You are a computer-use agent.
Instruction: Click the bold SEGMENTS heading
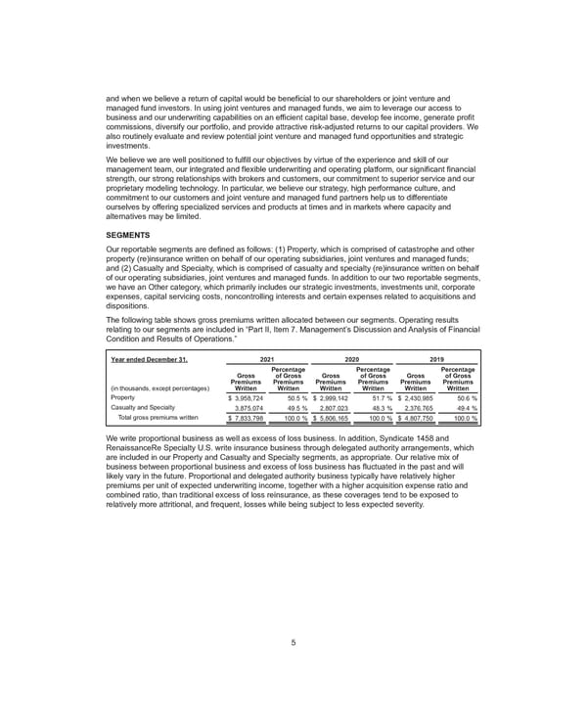coord(126,236)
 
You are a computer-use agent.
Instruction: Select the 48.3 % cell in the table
coord(377,409)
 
